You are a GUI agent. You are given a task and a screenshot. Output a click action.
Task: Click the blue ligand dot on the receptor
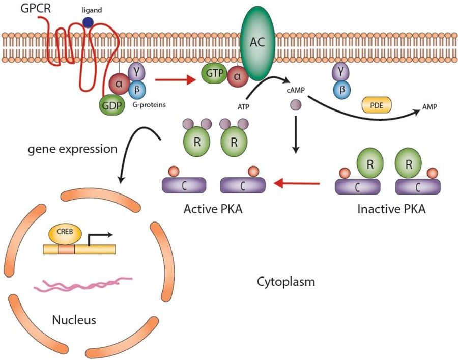coord(89,22)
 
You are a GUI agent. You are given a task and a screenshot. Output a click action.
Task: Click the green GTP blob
coord(215,74)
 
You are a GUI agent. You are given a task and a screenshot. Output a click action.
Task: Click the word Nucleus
coord(74,320)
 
